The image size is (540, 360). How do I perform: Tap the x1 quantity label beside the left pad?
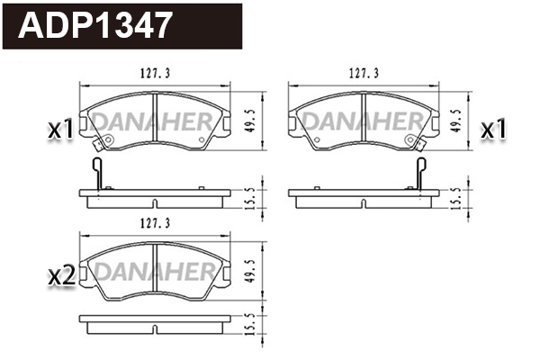59,130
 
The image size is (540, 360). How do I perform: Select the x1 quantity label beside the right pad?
492,130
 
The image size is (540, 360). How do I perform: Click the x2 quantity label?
59,276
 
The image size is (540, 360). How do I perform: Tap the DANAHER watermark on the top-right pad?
363,121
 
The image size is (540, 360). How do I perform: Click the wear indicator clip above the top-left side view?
97,174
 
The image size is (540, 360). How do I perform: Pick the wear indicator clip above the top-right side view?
420,174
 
